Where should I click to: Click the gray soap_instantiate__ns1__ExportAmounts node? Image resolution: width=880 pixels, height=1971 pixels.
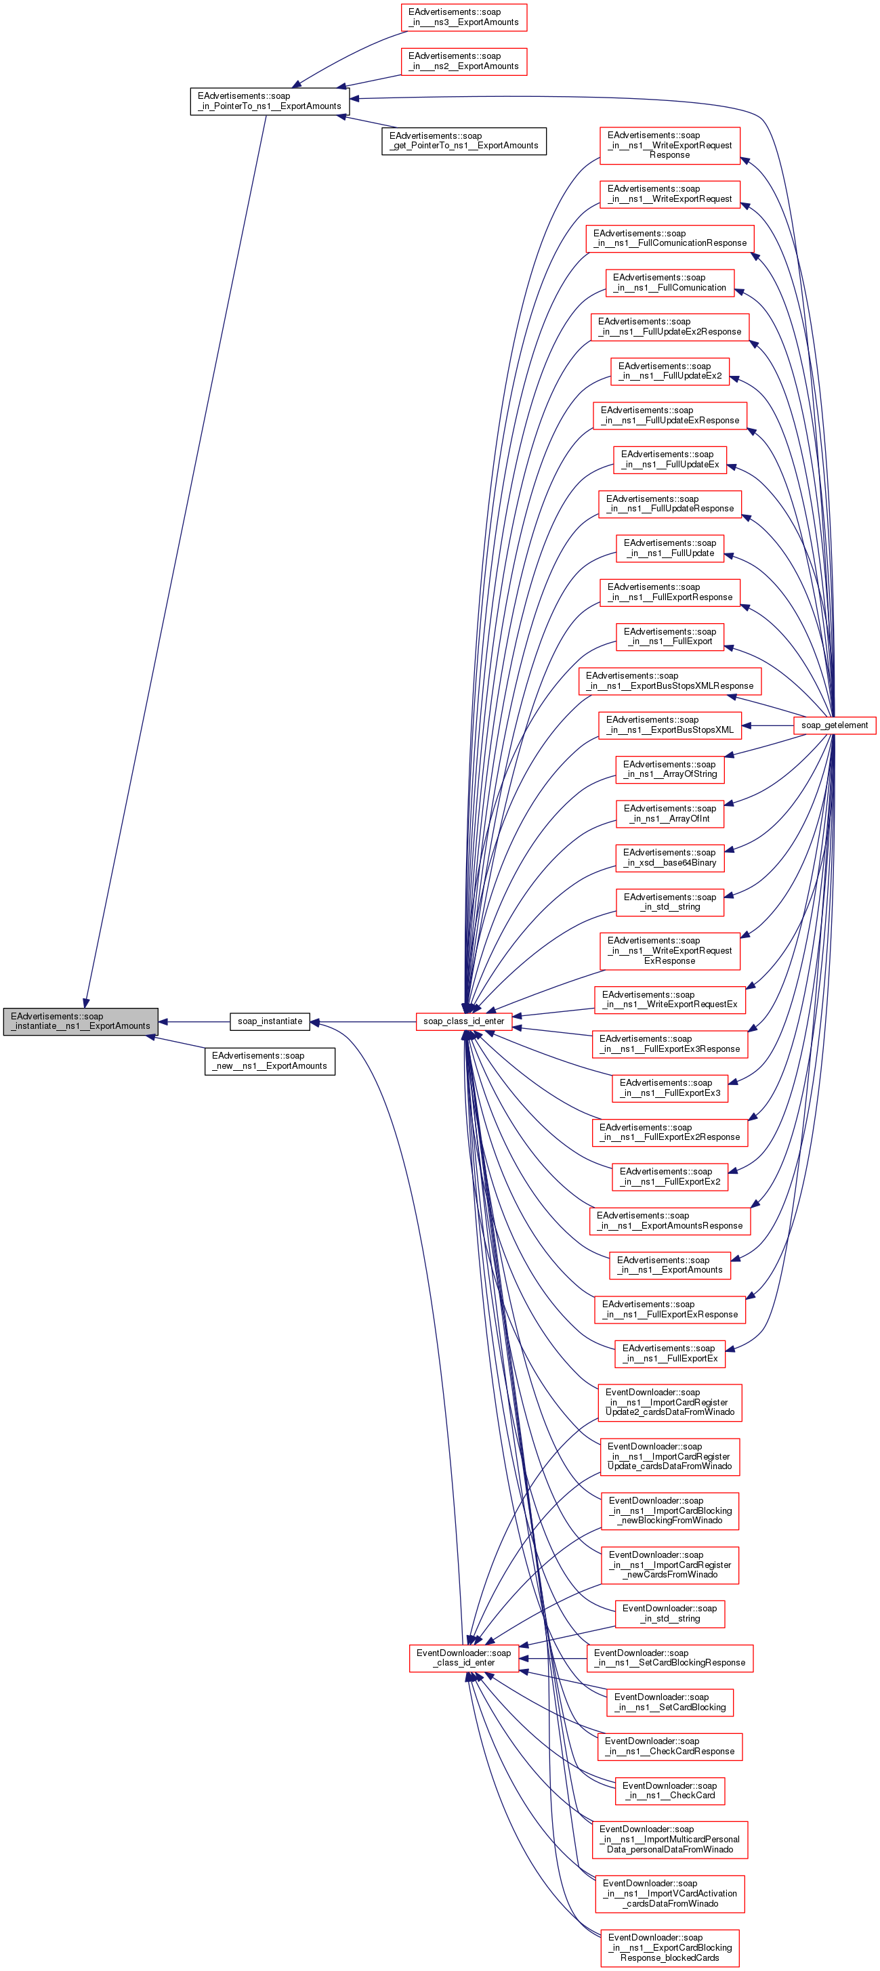click(81, 1021)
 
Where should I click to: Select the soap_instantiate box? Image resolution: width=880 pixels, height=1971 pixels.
click(270, 1021)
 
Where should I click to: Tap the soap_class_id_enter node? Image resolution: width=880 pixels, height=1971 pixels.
click(464, 1021)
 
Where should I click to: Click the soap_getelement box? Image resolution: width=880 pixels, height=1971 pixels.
click(834, 725)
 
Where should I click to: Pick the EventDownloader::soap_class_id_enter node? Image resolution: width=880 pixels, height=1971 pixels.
click(464, 1657)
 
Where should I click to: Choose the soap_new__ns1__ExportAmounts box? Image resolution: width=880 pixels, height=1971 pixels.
click(270, 1061)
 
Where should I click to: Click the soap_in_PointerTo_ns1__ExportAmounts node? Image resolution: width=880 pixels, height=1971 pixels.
click(270, 101)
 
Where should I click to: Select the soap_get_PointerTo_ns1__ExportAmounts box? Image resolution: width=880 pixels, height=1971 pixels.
click(464, 141)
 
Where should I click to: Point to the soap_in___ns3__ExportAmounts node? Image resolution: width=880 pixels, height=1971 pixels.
click(464, 17)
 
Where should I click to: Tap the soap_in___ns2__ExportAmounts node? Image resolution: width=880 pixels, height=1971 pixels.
click(464, 61)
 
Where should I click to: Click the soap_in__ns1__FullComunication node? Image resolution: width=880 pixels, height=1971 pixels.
click(669, 282)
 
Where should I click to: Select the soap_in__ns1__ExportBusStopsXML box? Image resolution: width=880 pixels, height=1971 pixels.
click(669, 725)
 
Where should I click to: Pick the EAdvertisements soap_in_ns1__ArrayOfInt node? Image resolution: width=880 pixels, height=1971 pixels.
click(669, 813)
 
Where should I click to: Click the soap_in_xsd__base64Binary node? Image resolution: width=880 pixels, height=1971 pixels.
click(669, 857)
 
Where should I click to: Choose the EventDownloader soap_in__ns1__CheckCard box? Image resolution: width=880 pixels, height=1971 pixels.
click(669, 1790)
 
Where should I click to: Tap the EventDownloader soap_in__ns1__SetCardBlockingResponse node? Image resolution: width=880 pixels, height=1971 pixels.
click(669, 1657)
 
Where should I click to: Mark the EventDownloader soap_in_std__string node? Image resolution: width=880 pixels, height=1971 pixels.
click(669, 1613)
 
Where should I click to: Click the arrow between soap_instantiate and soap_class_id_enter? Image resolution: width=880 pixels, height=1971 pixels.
click(364, 1021)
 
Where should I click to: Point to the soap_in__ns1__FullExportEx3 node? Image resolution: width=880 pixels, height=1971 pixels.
click(669, 1087)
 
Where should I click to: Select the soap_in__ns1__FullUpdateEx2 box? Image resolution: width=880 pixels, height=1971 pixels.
click(669, 371)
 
